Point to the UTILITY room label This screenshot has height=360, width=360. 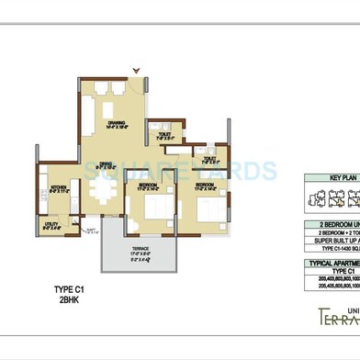(x=51, y=221)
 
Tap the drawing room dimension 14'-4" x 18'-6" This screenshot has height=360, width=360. (x=116, y=128)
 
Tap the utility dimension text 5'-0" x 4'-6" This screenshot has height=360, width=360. (x=51, y=228)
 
